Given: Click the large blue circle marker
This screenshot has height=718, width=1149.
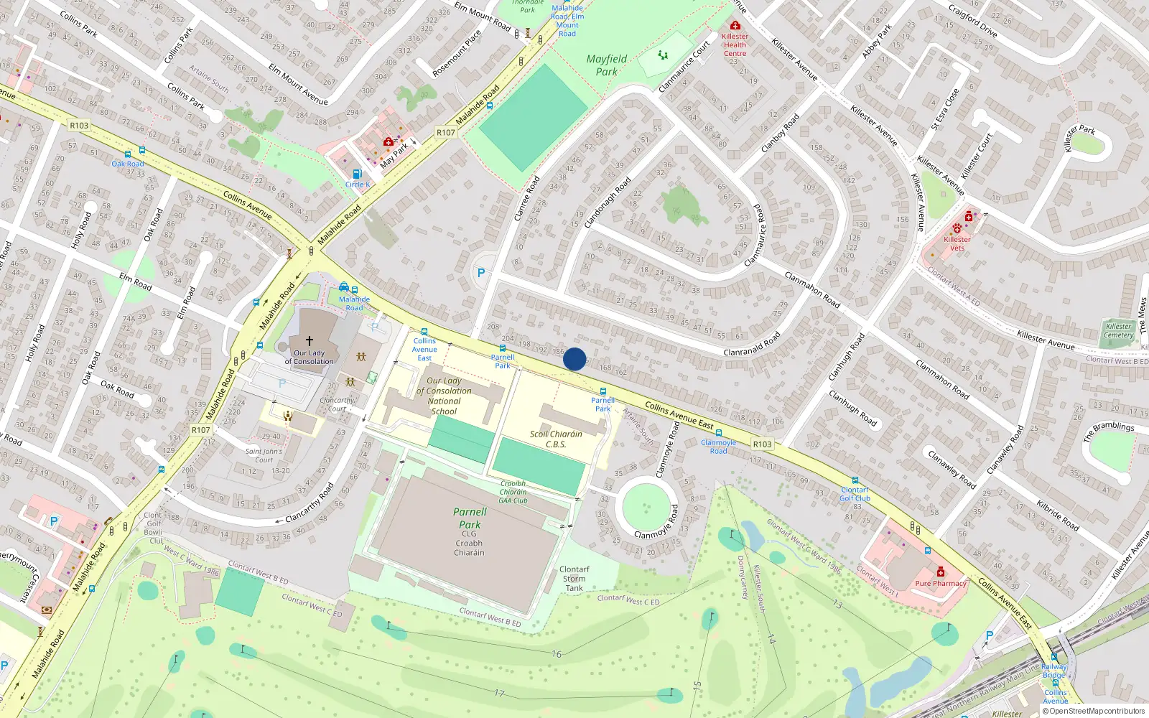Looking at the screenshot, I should pyautogui.click(x=574, y=359).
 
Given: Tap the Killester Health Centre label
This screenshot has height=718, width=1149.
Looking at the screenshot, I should pyautogui.click(x=735, y=45).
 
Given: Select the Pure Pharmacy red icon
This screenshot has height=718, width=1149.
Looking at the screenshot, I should pyautogui.click(x=941, y=572).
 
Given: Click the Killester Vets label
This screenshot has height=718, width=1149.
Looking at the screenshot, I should pyautogui.click(x=957, y=243).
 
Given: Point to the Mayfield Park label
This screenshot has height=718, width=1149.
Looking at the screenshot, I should pyautogui.click(x=607, y=65).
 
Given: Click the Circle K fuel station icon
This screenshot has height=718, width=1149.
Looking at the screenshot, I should pyautogui.click(x=357, y=174).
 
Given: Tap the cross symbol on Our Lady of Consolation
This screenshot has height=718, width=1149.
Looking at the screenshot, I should pyautogui.click(x=310, y=341).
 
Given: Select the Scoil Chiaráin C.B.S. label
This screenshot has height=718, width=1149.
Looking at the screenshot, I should pyautogui.click(x=556, y=439).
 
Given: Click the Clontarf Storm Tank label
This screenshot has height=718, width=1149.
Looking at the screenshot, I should pyautogui.click(x=574, y=579).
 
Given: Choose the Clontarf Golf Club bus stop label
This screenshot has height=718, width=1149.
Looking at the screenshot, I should pyautogui.click(x=855, y=494).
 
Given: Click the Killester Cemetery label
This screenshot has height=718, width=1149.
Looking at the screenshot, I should pyautogui.click(x=1118, y=330).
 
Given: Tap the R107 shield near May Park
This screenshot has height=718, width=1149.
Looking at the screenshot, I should pyautogui.click(x=445, y=132).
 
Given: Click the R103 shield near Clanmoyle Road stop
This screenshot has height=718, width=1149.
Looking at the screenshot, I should pyautogui.click(x=762, y=444).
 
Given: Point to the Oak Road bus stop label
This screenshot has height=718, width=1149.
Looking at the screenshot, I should pyautogui.click(x=128, y=164).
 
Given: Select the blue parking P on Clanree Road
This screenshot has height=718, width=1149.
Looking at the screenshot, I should pyautogui.click(x=481, y=273).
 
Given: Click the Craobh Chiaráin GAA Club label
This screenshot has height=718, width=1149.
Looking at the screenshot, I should pyautogui.click(x=513, y=492).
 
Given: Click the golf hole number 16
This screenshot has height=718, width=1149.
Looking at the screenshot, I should pyautogui.click(x=557, y=654).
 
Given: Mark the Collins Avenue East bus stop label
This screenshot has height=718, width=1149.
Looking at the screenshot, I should pyautogui.click(x=424, y=349).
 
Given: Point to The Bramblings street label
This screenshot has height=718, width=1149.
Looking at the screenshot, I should pyautogui.click(x=1108, y=431).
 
